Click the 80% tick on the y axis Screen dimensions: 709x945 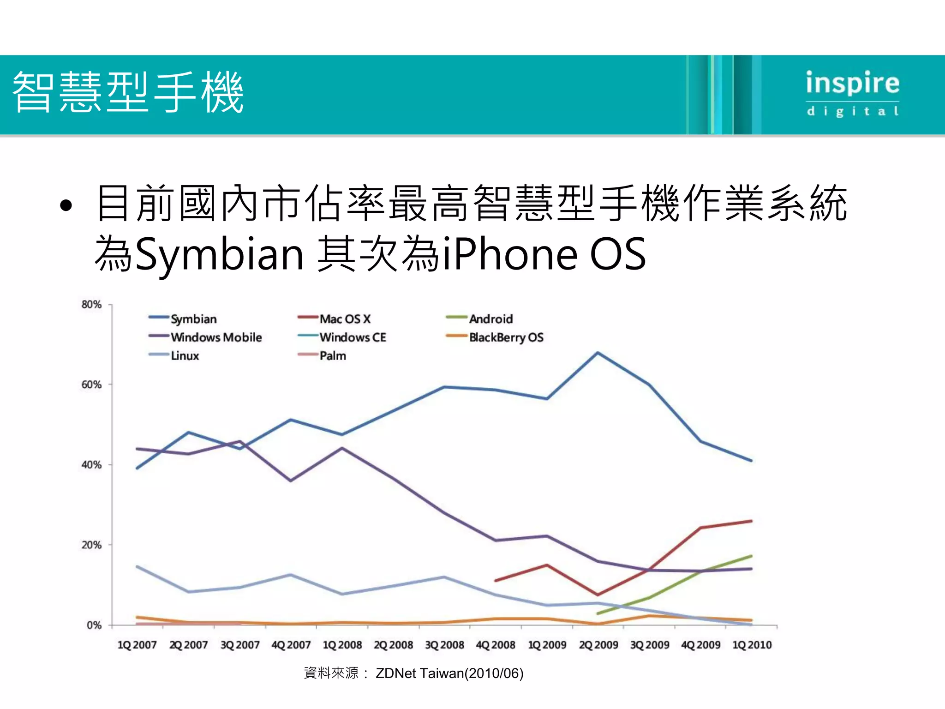(x=91, y=305)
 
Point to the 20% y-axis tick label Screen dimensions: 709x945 (x=91, y=545)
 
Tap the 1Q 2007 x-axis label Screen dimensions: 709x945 (x=137, y=645)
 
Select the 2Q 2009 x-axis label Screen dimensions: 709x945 (x=598, y=645)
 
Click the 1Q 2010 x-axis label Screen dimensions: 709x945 (x=752, y=645)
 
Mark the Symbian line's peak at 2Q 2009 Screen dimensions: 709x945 (x=598, y=353)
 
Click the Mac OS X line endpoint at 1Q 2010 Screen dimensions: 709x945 (x=751, y=521)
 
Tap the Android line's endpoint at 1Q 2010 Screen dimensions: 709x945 (x=751, y=556)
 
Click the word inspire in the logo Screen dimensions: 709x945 (x=852, y=84)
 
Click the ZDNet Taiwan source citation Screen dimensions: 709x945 (x=449, y=673)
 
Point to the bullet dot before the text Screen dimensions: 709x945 (x=66, y=206)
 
